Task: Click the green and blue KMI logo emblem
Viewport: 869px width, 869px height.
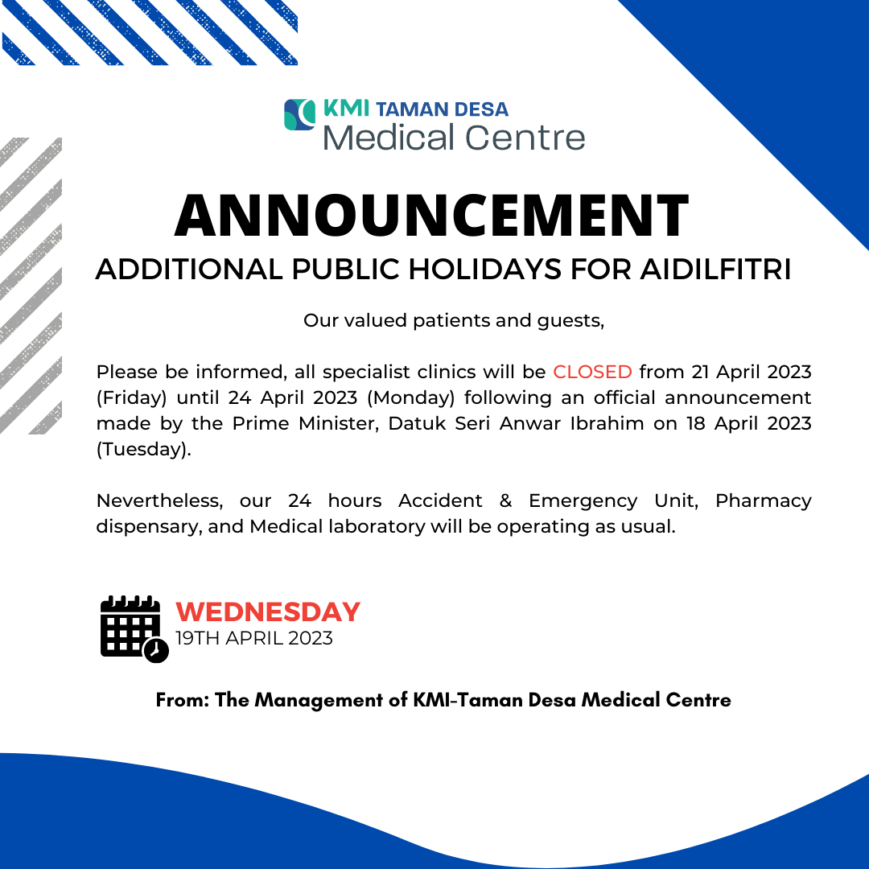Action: (x=299, y=115)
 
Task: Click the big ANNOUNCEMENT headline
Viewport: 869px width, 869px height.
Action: (x=432, y=216)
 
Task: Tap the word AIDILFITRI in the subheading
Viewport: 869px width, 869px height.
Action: (x=715, y=270)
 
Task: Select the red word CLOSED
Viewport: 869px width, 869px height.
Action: (x=592, y=372)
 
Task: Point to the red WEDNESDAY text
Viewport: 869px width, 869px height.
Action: (x=268, y=612)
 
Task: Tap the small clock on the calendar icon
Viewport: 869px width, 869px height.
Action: (x=156, y=650)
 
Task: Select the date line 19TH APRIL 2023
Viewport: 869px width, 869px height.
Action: (x=254, y=638)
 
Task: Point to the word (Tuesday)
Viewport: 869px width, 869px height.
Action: (x=143, y=450)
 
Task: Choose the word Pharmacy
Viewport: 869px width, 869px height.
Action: (x=763, y=501)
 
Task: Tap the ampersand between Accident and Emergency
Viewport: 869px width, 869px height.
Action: (x=505, y=501)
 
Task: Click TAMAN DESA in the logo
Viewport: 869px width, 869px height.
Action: (x=442, y=109)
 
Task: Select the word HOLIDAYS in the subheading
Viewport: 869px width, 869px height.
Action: (x=485, y=270)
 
